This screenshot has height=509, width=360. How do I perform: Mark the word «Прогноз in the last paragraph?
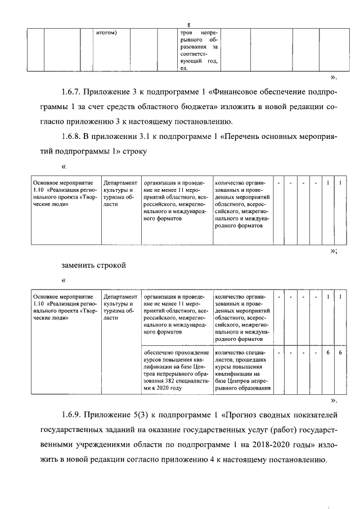(x=244, y=416)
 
